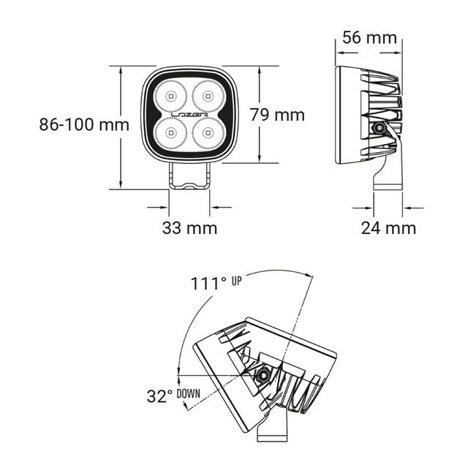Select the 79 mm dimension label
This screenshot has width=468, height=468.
click(x=277, y=115)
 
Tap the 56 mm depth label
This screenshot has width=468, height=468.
click(x=370, y=37)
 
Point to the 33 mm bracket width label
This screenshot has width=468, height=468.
click(x=189, y=227)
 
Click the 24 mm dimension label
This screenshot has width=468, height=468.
click(x=388, y=227)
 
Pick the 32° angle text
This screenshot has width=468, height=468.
click(x=159, y=396)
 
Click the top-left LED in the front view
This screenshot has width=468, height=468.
click(x=170, y=95)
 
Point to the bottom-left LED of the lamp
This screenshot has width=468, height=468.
click(x=170, y=133)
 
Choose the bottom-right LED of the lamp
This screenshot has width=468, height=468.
click(x=208, y=133)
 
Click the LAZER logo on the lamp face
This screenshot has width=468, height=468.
click(x=189, y=115)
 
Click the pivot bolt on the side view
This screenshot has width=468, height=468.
click(x=380, y=129)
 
